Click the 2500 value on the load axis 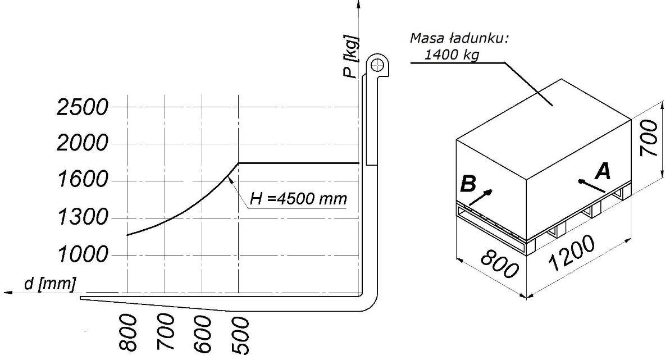coord(83,107)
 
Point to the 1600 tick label coord(83,179)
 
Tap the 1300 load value coord(83,217)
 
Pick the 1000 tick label coord(83,254)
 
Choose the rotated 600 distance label coord(203,334)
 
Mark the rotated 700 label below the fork coord(165,332)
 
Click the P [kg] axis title coord(351,57)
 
